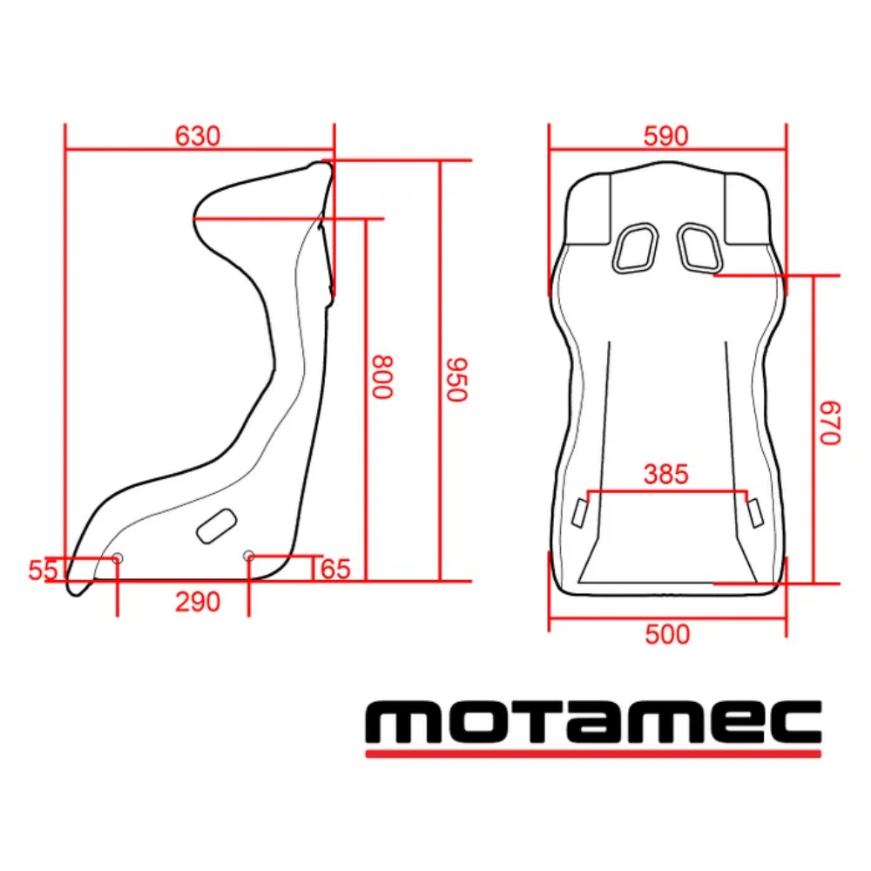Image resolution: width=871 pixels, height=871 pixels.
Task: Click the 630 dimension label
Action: (x=198, y=136)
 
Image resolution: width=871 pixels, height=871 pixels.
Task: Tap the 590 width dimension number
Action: (x=665, y=136)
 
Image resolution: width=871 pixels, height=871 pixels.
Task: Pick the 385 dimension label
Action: (x=665, y=475)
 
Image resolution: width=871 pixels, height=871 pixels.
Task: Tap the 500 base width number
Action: (x=667, y=634)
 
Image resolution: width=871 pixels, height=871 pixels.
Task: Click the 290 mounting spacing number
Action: (x=198, y=602)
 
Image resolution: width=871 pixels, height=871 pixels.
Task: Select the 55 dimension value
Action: (x=43, y=571)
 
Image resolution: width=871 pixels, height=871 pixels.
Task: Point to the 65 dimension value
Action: (x=335, y=570)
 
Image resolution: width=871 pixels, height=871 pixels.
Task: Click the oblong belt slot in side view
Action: (x=216, y=525)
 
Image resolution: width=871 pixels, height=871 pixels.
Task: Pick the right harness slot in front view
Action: (x=699, y=246)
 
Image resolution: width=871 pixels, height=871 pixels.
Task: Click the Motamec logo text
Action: (x=592, y=721)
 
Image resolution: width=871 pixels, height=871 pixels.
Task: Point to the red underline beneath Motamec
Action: (x=592, y=753)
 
